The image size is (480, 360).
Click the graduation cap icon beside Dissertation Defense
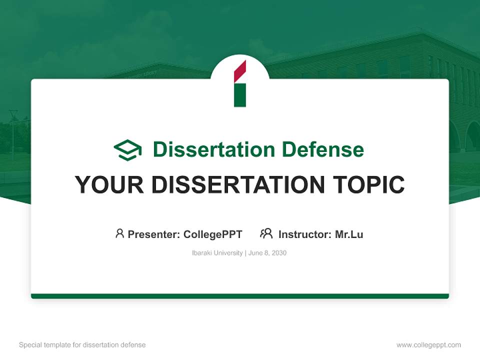pyautogui.click(x=127, y=149)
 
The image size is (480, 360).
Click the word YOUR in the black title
pyautogui.click(x=109, y=185)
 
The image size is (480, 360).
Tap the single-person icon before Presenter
pyautogui.click(x=119, y=233)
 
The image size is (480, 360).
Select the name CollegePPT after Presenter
pyautogui.click(x=212, y=234)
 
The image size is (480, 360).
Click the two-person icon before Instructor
pyautogui.click(x=266, y=233)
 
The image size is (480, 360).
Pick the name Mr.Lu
pyautogui.click(x=349, y=234)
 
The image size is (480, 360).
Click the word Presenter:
pyautogui.click(x=154, y=234)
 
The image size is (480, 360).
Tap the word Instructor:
pyautogui.click(x=305, y=234)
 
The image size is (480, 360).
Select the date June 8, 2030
pyautogui.click(x=267, y=253)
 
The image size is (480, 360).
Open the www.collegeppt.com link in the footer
pyautogui.click(x=428, y=345)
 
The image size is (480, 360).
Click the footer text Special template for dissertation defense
pyautogui.click(x=82, y=345)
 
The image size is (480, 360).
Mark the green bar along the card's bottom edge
pyautogui.click(x=240, y=296)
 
